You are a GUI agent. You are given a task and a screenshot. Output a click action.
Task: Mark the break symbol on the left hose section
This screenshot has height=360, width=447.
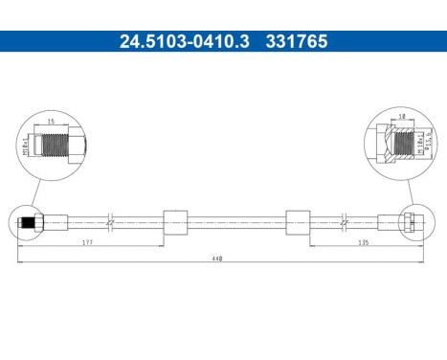(x=112, y=222)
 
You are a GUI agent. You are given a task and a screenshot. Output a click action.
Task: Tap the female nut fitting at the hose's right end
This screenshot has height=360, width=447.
(x=411, y=222)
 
